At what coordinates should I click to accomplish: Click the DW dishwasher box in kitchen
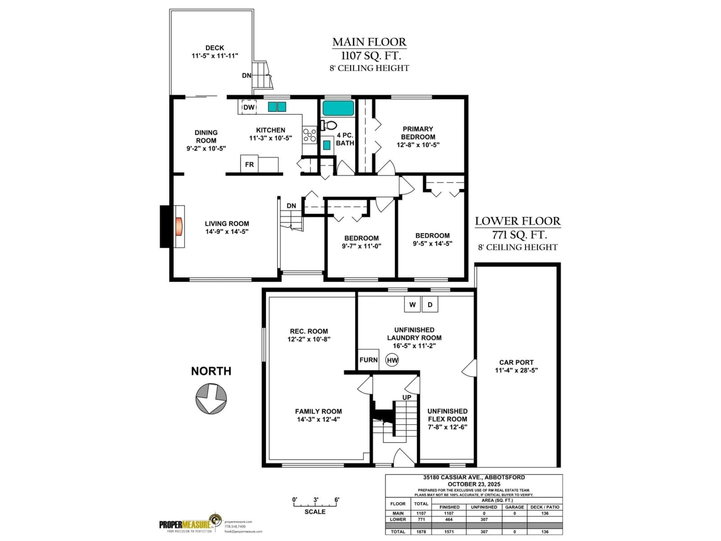click(x=249, y=107)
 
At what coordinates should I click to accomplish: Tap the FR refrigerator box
click(x=249, y=164)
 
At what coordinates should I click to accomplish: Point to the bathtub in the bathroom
click(x=338, y=108)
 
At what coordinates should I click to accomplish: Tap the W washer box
click(x=412, y=305)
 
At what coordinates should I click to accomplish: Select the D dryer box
click(x=430, y=305)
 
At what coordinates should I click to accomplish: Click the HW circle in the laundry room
click(x=392, y=360)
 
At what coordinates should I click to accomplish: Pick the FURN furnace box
click(x=369, y=360)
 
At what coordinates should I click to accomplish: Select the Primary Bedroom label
click(x=418, y=133)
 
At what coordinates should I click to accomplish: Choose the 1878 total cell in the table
click(x=421, y=532)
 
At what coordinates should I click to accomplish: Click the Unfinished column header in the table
click(x=484, y=507)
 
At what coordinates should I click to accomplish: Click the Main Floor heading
click(x=369, y=42)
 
